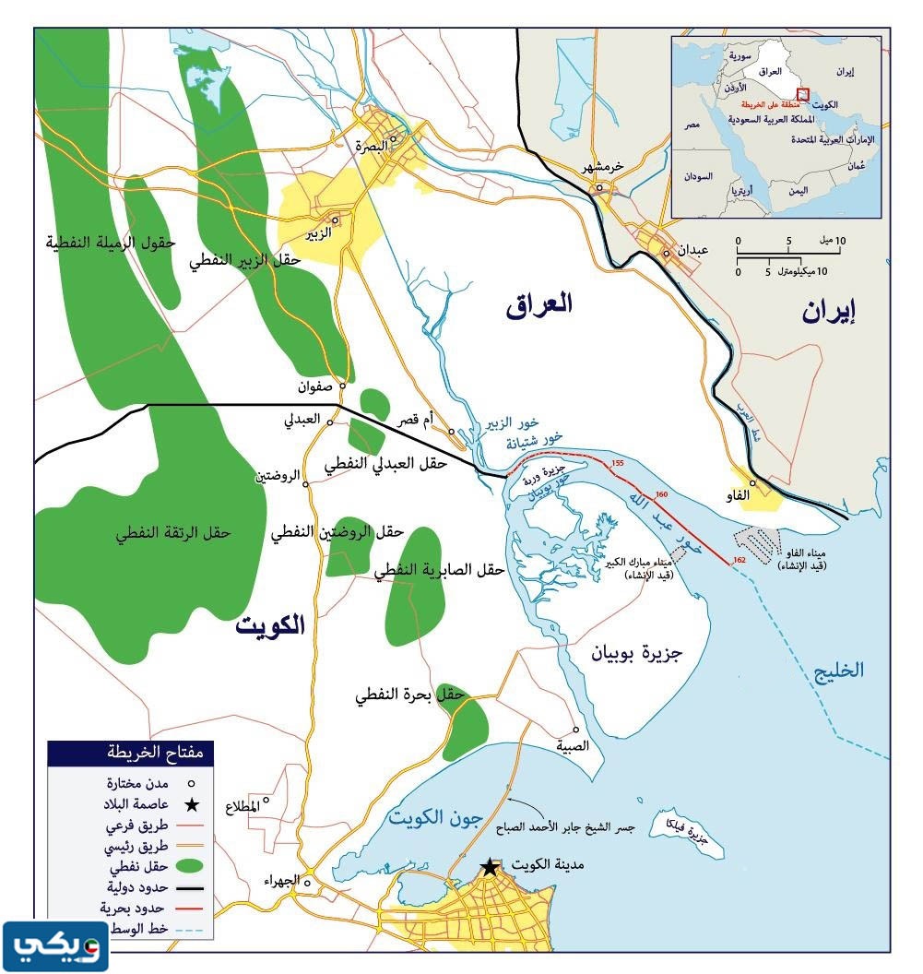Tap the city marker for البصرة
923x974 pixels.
pyautogui.click(x=393, y=140)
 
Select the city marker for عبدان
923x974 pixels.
pyautogui.click(x=666, y=253)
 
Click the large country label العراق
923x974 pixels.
pyautogui.click(x=538, y=305)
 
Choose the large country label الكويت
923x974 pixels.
pyautogui.click(x=269, y=624)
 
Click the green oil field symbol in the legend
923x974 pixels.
pyautogui.click(x=188, y=867)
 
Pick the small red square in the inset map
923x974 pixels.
pyautogui.click(x=802, y=93)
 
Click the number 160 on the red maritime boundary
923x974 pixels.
pyautogui.click(x=660, y=495)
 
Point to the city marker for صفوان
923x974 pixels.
pyautogui.click(x=342, y=386)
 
